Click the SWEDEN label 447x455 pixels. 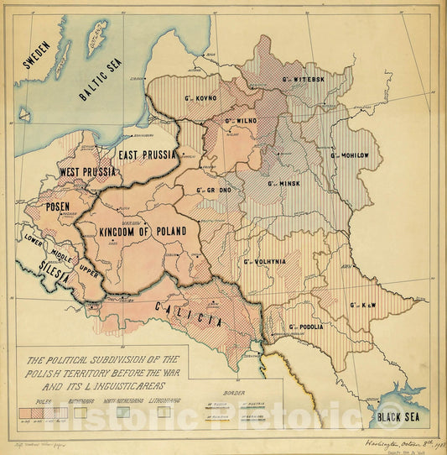[36, 55]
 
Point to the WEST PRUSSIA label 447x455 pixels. [87, 172]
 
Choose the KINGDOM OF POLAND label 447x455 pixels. [143, 231]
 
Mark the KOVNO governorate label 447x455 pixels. [201, 98]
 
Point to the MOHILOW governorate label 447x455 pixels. [356, 155]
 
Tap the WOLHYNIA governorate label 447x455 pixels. [265, 262]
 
